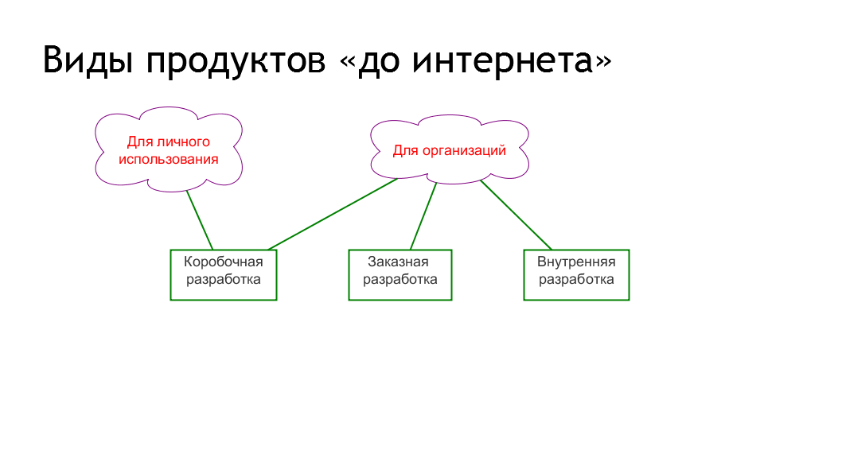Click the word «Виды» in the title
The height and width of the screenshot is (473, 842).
point(88,60)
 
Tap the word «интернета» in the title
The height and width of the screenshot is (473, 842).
point(503,61)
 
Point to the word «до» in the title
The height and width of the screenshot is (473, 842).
point(379,61)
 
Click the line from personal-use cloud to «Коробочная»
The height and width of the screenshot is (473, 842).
point(200,220)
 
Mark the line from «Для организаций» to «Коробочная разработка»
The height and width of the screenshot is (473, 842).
point(333,214)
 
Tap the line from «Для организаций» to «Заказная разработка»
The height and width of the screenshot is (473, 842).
point(423,216)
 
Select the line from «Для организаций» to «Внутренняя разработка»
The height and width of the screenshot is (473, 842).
point(516,215)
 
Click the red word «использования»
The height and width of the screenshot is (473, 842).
point(169,159)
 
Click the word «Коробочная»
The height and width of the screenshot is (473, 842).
point(224,262)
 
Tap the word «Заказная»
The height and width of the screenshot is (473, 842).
point(399,262)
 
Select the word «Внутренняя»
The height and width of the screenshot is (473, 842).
point(576,262)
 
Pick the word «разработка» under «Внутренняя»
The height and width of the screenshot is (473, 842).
point(576,279)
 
